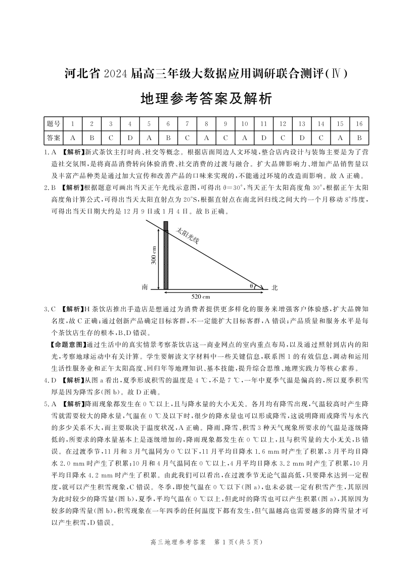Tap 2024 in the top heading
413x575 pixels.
[x=117, y=74]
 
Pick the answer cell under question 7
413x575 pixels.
[x=187, y=137]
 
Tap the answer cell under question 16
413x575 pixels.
[x=359, y=137]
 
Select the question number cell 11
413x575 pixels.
[x=263, y=123]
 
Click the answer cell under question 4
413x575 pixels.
[x=129, y=137]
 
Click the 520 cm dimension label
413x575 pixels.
[x=201, y=297]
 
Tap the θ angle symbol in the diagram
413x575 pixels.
[x=251, y=286]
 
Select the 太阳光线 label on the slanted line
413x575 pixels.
[x=188, y=236]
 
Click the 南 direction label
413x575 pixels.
[x=145, y=287]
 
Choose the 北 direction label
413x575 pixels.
[x=274, y=287]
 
